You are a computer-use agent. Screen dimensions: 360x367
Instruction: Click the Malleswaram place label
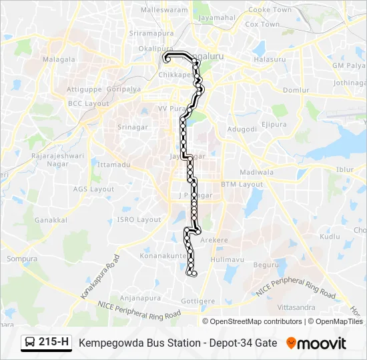click(165, 11)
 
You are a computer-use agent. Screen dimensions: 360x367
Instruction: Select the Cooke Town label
click(270, 10)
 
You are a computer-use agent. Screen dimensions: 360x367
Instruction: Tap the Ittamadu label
click(111, 164)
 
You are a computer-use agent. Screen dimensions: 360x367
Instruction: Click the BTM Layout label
click(242, 184)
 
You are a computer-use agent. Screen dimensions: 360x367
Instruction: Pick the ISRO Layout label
click(139, 219)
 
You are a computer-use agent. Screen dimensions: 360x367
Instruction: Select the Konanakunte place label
click(163, 255)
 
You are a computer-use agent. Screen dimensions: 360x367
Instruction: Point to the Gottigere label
click(198, 301)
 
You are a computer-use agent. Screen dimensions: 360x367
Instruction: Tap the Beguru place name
click(266, 265)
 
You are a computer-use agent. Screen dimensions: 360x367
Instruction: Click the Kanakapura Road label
click(99, 277)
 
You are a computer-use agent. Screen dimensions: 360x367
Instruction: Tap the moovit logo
click(317, 343)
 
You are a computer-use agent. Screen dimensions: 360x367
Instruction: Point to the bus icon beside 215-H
click(30, 343)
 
